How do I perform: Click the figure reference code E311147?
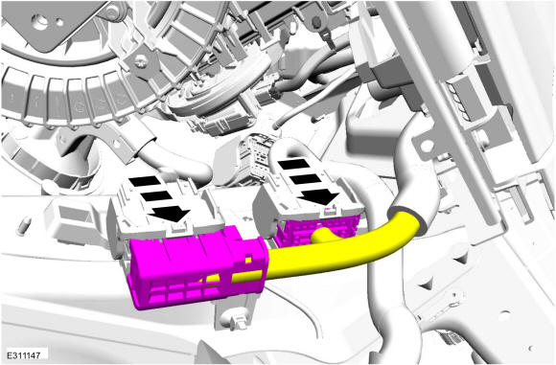click(x=24, y=354)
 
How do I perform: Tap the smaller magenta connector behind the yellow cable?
click(x=313, y=232)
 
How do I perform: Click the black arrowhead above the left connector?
click(x=170, y=214)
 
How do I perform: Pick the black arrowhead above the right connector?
click(x=318, y=196)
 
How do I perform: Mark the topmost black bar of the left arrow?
click(x=145, y=181)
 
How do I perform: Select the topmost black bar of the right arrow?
click(x=294, y=164)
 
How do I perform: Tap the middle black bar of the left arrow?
click(x=156, y=196)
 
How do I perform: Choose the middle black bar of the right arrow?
click(x=305, y=179)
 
